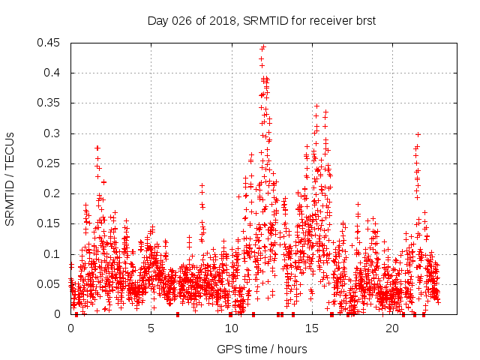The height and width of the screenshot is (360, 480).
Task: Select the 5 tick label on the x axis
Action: [x=151, y=328]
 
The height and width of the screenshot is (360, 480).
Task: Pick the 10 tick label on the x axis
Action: [x=232, y=328]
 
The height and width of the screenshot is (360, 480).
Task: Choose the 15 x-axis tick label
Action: [x=312, y=328]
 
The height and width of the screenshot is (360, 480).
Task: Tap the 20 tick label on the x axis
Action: [x=392, y=328]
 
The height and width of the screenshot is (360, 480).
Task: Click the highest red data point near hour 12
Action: [x=263, y=47]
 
